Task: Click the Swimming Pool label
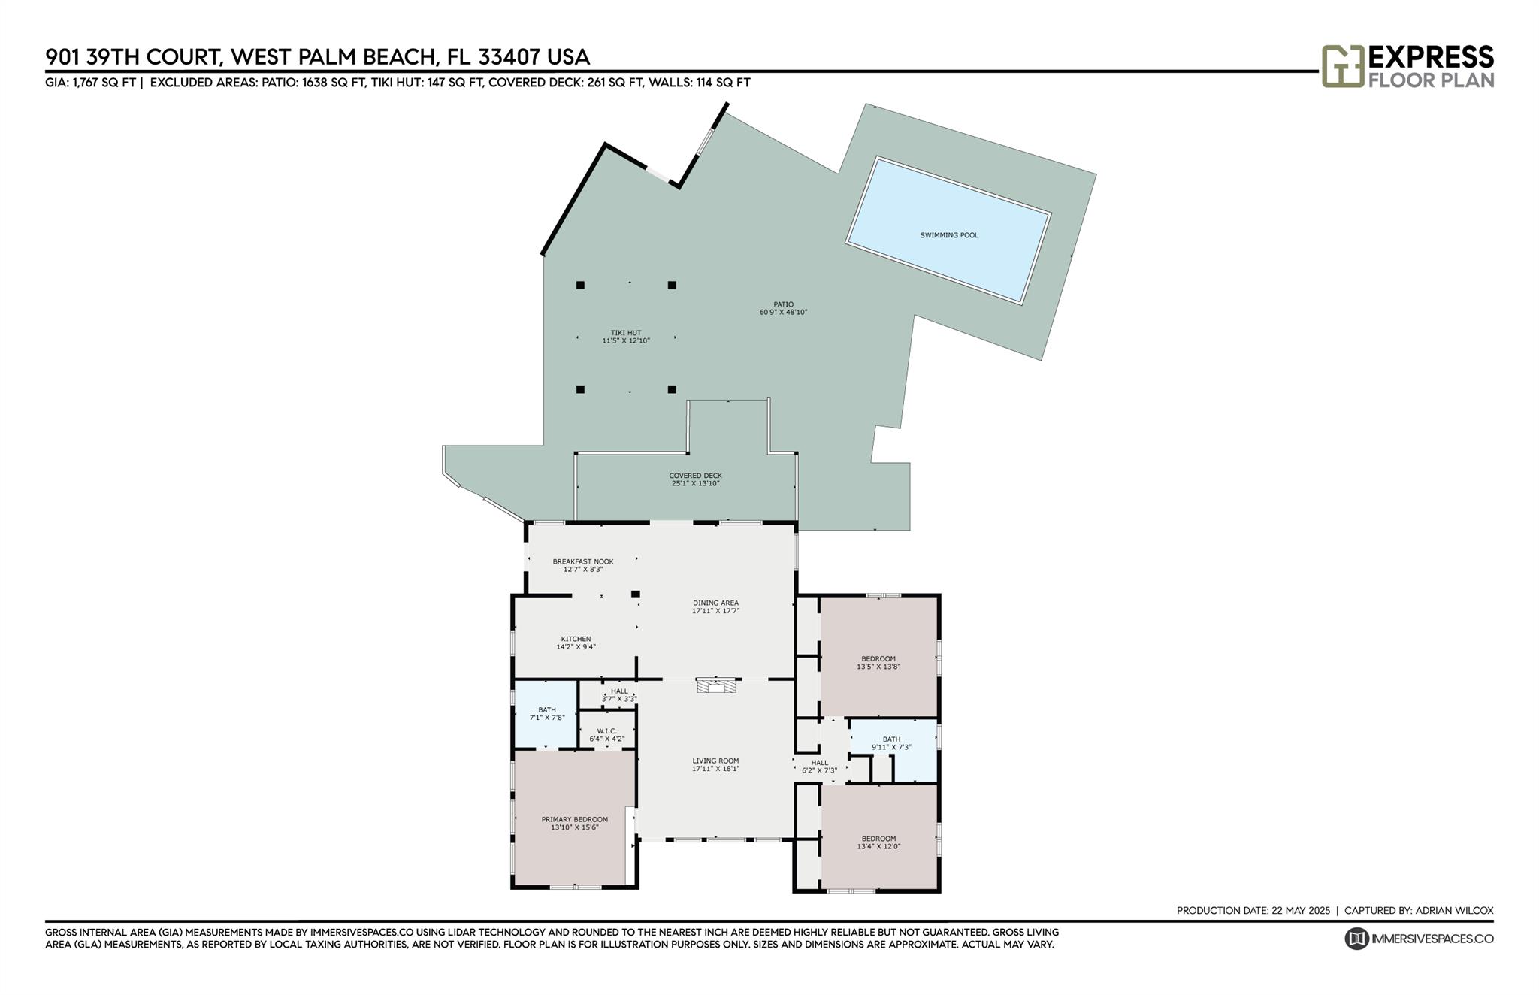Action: click(949, 235)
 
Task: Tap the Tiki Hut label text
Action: click(625, 333)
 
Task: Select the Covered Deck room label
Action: click(695, 476)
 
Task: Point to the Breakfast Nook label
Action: click(583, 561)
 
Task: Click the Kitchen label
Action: click(576, 639)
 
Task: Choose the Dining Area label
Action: click(715, 603)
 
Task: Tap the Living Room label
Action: click(715, 761)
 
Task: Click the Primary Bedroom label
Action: click(574, 819)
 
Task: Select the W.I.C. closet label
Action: click(606, 731)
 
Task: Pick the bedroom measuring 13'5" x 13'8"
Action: click(878, 662)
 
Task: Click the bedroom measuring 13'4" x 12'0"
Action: click(878, 842)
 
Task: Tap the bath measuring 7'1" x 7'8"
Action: click(546, 713)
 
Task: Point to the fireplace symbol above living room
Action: click(716, 685)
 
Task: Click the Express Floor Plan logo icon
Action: click(1342, 66)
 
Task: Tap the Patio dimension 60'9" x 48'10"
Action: click(783, 312)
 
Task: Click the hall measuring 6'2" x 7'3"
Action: click(819, 767)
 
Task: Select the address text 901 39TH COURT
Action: click(132, 57)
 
